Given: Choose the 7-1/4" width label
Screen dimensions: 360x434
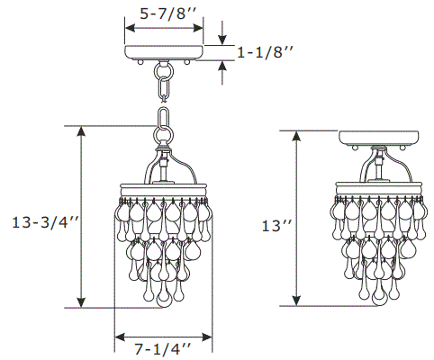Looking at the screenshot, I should pyautogui.click(x=163, y=346).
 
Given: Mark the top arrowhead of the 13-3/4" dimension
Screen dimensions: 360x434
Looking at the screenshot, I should pyautogui.click(x=82, y=131).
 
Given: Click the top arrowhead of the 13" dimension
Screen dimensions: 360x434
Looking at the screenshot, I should pyautogui.click(x=297, y=136).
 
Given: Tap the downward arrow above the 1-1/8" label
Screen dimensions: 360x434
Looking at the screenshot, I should pyautogui.click(x=222, y=39).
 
